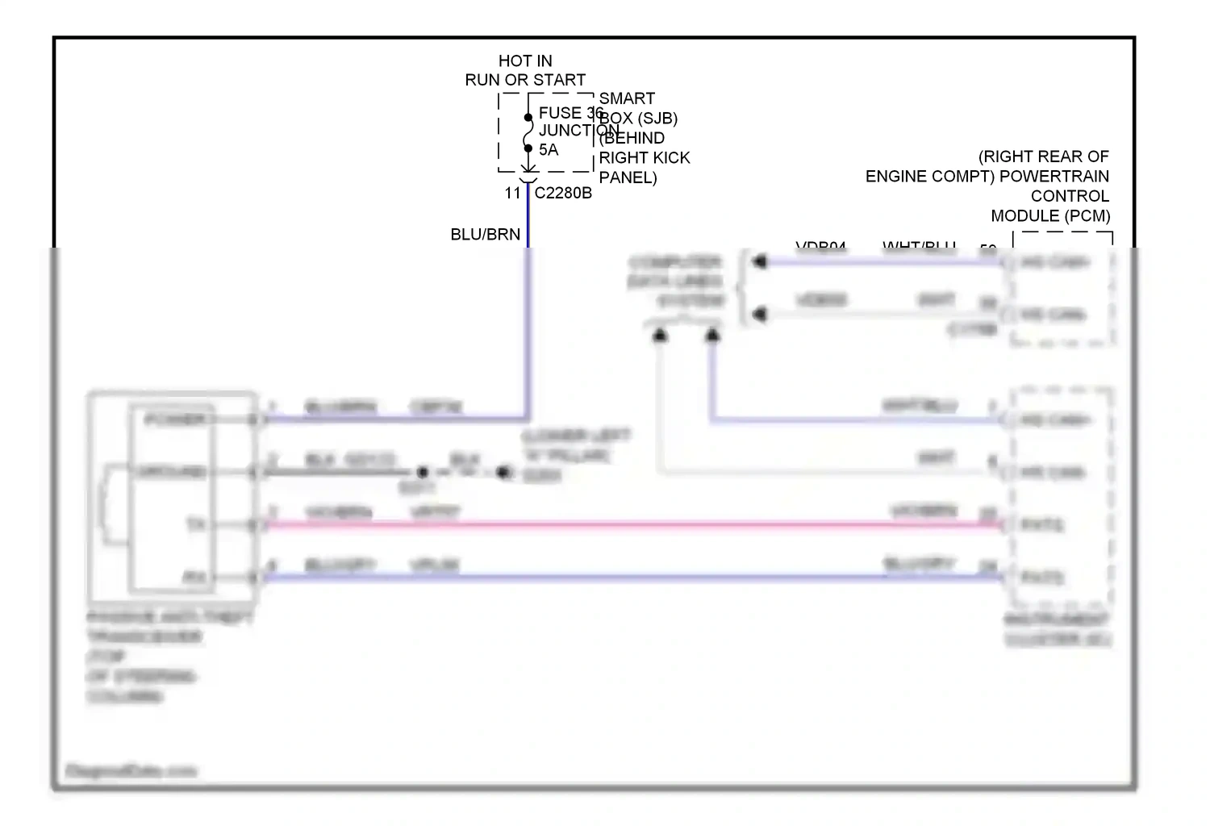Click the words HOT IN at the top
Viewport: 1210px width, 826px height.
[x=525, y=61]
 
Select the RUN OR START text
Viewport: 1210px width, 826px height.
[x=525, y=81]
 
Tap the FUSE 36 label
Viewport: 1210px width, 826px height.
[x=570, y=114]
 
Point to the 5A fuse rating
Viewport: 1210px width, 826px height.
[x=549, y=150]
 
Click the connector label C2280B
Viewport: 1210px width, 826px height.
[x=563, y=194]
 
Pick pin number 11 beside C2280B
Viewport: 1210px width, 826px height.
[x=513, y=194]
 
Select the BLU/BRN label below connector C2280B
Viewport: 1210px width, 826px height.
[x=485, y=235]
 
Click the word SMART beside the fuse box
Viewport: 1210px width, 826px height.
[x=627, y=99]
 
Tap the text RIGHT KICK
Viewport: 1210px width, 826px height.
[x=645, y=158]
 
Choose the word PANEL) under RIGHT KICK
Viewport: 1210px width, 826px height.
[x=628, y=178]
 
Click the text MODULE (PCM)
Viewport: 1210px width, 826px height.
[x=1050, y=216]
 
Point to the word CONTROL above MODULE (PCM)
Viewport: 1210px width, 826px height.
[x=1070, y=197]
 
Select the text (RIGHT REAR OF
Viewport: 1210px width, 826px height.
[x=1043, y=156]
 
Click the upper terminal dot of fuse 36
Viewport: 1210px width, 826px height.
[x=528, y=118]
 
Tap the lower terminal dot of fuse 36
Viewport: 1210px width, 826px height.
[x=528, y=148]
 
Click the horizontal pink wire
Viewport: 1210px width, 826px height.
[x=629, y=525]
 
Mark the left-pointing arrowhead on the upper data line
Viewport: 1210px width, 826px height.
[x=759, y=262]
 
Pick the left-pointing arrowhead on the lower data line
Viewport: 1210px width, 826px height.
[x=759, y=315]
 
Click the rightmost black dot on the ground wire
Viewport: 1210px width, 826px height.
[x=504, y=473]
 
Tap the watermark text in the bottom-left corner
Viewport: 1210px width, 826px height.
[x=131, y=771]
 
